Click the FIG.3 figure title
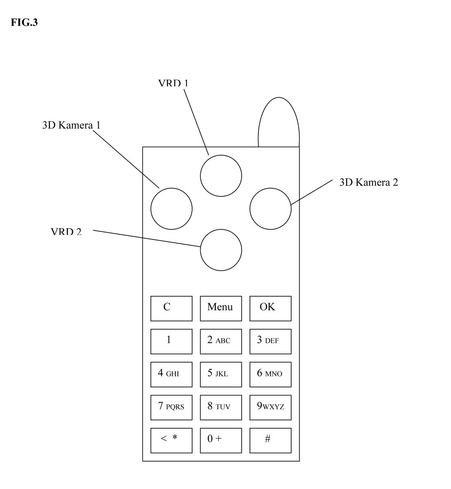point(24,23)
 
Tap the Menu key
point(221,308)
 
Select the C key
point(171,308)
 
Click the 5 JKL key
point(221,374)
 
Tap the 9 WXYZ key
point(270,407)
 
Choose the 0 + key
point(221,440)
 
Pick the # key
point(270,440)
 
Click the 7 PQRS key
point(171,407)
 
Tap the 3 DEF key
point(270,341)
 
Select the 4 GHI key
point(171,374)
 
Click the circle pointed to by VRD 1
point(221,176)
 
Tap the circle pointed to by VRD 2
point(221,250)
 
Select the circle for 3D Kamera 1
point(172,209)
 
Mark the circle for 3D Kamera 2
point(270,209)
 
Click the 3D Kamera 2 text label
point(368,182)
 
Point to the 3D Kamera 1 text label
point(71,125)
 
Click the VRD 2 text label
point(66,232)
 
